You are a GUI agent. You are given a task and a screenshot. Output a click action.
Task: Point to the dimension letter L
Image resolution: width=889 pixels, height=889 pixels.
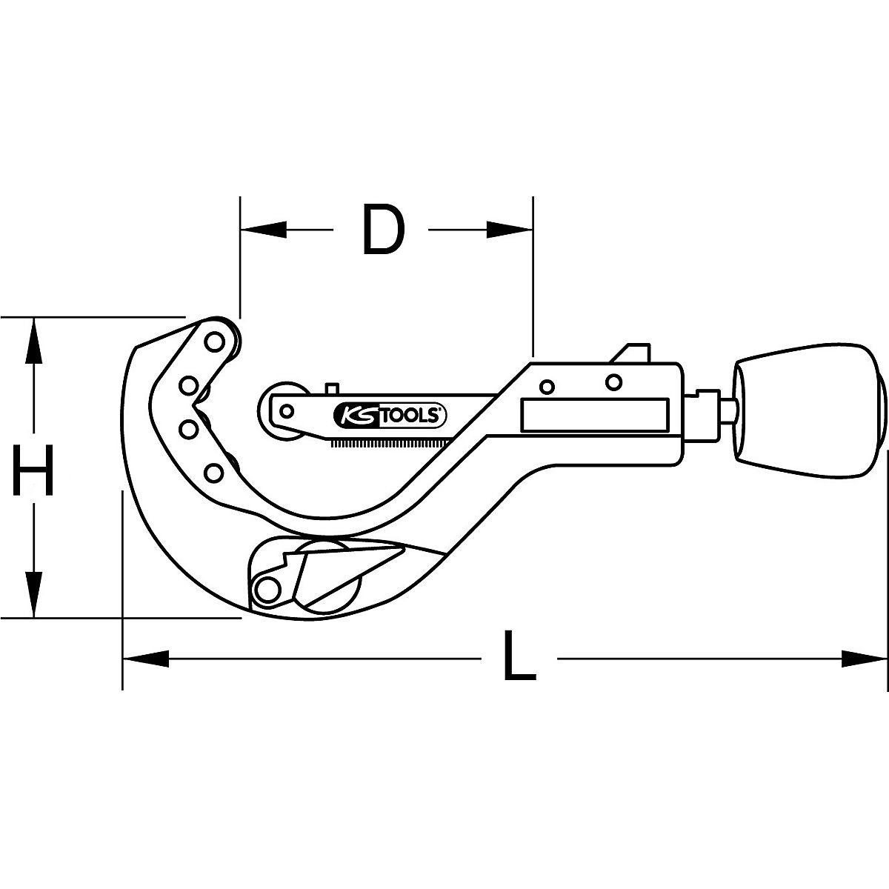519,656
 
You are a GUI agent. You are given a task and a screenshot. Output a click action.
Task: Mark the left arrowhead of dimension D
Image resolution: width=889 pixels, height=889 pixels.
263,230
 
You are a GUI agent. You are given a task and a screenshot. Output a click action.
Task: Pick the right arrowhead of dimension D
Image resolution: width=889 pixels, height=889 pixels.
509,230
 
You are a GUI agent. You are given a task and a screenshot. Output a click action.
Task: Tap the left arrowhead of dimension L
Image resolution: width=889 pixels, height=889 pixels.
145,656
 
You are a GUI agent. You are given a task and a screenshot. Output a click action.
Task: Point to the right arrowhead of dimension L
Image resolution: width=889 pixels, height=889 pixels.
864,656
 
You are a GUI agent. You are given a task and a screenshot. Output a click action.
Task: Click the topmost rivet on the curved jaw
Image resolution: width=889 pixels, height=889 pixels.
214,342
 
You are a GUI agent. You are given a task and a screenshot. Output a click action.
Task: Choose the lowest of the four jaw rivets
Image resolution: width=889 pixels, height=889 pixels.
213,471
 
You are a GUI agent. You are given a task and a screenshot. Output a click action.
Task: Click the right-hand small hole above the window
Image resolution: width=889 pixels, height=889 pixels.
613,382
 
